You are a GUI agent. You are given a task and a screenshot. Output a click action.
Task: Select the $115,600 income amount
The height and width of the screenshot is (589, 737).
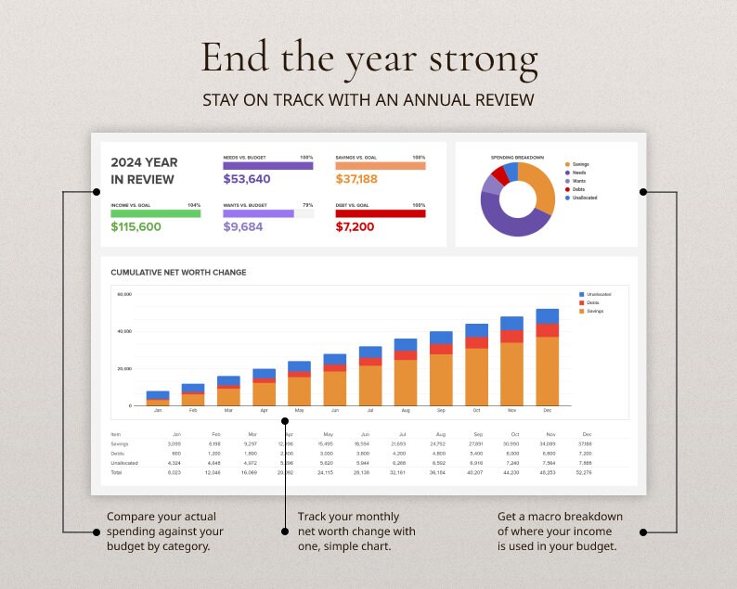(x=136, y=226)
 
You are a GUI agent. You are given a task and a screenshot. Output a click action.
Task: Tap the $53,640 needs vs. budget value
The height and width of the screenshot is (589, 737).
(x=247, y=179)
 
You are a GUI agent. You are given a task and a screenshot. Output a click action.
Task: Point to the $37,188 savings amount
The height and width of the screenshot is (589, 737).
(x=356, y=179)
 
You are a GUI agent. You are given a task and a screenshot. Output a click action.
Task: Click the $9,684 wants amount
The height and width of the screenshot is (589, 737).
(x=243, y=226)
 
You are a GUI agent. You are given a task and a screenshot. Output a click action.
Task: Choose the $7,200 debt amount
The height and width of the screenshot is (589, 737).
(x=355, y=226)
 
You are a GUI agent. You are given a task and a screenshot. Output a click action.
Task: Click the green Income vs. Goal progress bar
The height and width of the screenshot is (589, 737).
(x=155, y=213)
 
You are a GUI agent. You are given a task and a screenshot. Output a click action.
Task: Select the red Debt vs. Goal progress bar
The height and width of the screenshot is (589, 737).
(x=380, y=213)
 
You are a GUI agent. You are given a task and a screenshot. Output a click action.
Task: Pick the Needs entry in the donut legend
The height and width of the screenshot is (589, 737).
(x=578, y=173)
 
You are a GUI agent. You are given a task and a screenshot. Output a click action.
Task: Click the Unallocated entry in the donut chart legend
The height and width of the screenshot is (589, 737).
(x=584, y=198)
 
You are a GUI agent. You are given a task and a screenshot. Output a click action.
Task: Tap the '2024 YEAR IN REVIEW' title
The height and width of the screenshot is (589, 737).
(x=144, y=171)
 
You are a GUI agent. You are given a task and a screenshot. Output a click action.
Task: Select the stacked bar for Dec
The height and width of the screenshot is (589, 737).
(x=547, y=357)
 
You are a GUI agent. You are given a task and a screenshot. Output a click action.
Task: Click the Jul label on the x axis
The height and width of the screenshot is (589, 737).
(x=370, y=409)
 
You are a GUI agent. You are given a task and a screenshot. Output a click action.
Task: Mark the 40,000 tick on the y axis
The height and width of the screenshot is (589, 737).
(x=124, y=331)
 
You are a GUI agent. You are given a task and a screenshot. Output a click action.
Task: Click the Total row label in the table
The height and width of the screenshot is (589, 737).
(x=116, y=471)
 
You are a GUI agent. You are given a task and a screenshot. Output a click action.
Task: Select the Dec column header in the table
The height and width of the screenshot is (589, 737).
(x=586, y=434)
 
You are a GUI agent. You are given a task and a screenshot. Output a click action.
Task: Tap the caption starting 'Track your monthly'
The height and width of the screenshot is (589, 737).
(x=356, y=531)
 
